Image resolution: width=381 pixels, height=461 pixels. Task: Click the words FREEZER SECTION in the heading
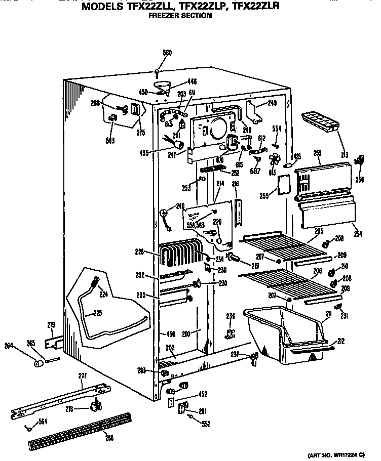click(180, 16)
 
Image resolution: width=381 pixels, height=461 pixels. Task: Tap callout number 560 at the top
click(167, 53)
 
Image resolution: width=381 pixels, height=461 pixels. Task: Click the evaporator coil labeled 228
click(177, 254)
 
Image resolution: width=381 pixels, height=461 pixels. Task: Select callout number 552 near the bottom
click(205, 424)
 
